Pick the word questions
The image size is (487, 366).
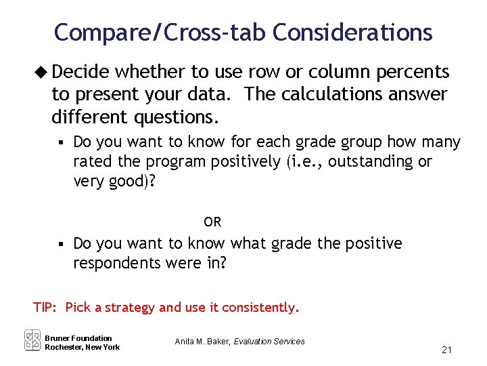(x=177, y=117)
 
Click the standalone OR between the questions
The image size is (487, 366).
(x=212, y=222)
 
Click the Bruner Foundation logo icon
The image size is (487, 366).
(x=32, y=340)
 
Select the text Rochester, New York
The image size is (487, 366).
(x=82, y=347)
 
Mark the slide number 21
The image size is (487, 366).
(x=446, y=350)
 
